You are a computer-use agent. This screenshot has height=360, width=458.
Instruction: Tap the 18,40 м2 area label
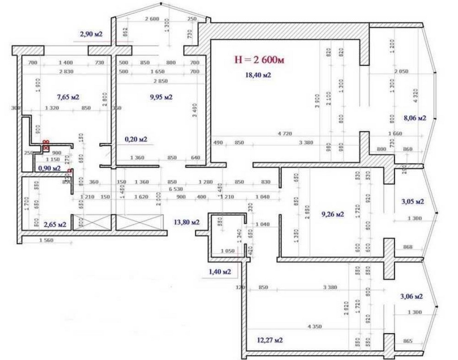(258, 75)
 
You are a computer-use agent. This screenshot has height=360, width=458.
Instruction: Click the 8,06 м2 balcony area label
(414, 118)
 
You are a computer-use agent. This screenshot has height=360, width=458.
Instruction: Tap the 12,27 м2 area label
(270, 340)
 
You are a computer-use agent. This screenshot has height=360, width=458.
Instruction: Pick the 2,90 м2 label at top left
(91, 34)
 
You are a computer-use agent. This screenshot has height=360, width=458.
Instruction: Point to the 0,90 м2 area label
(49, 168)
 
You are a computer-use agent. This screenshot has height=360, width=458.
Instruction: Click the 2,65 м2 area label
(55, 224)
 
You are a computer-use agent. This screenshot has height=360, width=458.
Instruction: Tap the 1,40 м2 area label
(219, 272)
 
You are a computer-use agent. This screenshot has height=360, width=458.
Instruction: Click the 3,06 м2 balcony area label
(412, 296)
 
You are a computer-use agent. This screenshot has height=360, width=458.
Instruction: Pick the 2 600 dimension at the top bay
(152, 19)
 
